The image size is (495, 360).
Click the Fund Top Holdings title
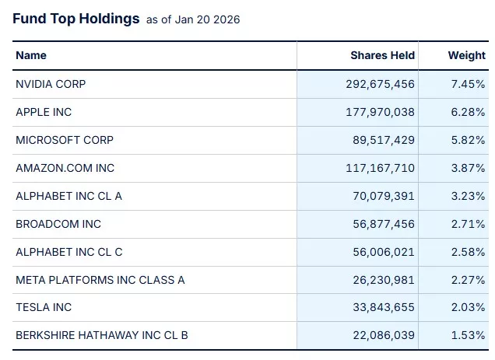[76, 19]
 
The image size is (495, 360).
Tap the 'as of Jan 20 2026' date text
[193, 20]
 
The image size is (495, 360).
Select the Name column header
[31, 55]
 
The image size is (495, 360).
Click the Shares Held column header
[382, 55]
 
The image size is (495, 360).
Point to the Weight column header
[466, 55]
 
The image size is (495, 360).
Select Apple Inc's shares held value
[380, 112]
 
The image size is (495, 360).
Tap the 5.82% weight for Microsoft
[469, 140]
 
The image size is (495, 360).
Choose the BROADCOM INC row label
[58, 224]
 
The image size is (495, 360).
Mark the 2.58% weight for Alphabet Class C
[469, 252]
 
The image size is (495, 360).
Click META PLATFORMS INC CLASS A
[100, 280]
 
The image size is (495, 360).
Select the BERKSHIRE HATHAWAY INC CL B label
[102, 335]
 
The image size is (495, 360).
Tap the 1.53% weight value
[469, 335]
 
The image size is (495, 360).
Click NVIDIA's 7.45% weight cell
[469, 84]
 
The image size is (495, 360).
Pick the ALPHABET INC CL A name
[68, 196]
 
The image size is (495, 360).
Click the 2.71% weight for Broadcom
[469, 224]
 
